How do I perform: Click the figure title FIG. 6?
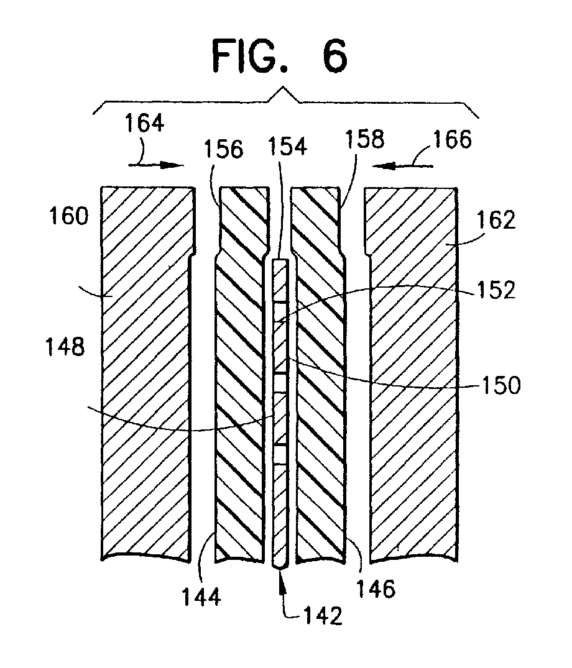coord(280,56)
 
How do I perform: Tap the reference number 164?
coord(144,123)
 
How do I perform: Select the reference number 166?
coord(452,139)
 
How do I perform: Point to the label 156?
coord(223,149)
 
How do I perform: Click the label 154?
coord(287,146)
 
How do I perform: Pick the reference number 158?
coord(364,139)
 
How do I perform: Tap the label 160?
coord(69,216)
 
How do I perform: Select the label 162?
coord(496,220)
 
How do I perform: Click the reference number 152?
coord(496,290)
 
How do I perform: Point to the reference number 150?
coord(501,385)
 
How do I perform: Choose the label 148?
coord(65,347)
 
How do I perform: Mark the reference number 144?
coord(201,597)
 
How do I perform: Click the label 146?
coord(376,589)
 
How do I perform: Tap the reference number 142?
coord(323,616)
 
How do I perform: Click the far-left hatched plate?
coord(147,373)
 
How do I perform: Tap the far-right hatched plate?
coord(412,373)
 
